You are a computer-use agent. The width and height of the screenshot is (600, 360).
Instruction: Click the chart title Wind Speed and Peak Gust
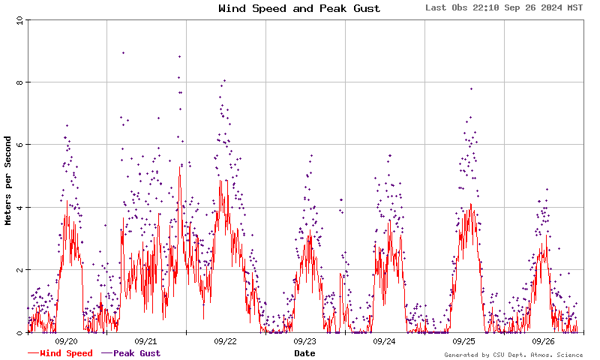299,9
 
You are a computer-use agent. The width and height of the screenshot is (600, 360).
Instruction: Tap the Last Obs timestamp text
504,8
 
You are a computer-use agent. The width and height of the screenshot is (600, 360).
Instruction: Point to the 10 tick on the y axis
19,20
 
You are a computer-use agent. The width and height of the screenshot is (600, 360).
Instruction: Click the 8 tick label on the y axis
21,82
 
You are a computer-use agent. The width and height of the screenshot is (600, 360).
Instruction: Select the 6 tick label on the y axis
21,145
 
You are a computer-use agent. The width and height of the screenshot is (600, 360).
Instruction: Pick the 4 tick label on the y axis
21,208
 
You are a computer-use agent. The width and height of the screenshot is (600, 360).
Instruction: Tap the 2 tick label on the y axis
21,270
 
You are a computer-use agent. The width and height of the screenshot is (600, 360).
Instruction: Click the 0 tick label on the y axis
21,332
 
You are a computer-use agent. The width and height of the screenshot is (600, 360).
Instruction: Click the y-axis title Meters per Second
8,180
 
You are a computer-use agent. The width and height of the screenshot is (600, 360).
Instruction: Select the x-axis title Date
304,353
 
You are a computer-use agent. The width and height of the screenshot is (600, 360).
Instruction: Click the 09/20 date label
67,341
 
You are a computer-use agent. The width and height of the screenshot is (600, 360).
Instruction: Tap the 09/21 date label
146,341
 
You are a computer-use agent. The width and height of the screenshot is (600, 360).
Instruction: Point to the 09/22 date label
226,341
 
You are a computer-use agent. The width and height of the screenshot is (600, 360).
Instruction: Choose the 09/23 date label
305,341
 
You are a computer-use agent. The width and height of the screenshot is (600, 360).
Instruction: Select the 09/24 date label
385,341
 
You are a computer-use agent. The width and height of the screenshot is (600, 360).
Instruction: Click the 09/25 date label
464,341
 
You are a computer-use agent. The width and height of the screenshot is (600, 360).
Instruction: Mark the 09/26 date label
544,341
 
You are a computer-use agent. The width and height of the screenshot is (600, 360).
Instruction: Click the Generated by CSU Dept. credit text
514,355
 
